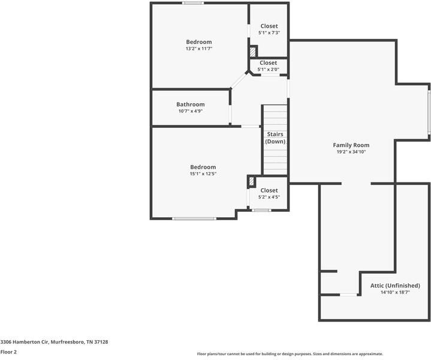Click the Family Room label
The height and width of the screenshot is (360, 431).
click(351, 145)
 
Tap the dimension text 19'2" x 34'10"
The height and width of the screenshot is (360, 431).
click(351, 152)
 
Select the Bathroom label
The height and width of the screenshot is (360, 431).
click(190, 104)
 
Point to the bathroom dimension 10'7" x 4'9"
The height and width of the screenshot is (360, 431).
click(190, 111)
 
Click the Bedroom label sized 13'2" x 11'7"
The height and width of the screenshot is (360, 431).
click(198, 42)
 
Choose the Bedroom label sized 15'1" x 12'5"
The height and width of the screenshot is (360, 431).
click(203, 167)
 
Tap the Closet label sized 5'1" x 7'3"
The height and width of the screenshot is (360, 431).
click(269, 26)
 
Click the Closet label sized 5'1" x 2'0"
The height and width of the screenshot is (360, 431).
click(268, 62)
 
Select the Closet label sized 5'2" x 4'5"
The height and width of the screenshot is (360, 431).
click(269, 190)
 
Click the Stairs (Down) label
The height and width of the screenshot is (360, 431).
click(275, 138)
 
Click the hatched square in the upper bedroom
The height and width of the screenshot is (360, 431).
click(252, 52)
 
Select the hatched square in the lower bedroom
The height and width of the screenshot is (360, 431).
click(252, 181)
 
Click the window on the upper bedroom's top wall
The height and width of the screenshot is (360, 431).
click(193, 3)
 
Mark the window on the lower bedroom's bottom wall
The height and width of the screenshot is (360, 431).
click(194, 218)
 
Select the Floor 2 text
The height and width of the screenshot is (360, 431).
click(8, 352)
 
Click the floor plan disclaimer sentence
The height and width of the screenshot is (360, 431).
click(290, 354)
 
